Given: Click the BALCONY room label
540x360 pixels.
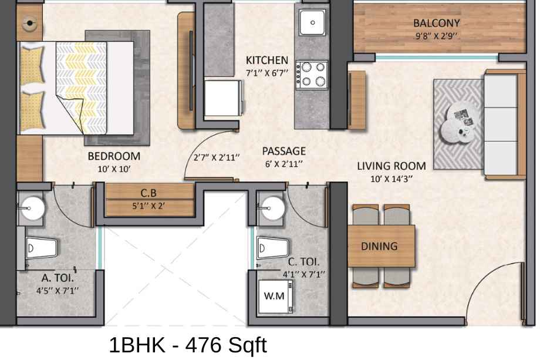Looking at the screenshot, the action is click(436, 23).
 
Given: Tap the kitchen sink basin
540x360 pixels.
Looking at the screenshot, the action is click(312, 22).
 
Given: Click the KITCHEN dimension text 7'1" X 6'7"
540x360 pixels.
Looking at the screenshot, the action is click(267, 73).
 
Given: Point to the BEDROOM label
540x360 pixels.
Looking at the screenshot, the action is click(114, 156).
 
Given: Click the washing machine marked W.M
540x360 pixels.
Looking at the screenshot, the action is click(275, 296).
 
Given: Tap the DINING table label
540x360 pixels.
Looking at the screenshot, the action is click(379, 246).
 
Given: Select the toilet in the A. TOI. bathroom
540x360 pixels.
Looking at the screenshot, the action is click(42, 247).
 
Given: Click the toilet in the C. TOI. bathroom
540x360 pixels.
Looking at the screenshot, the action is click(273, 247).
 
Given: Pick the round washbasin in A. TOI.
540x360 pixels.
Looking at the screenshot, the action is click(33, 208).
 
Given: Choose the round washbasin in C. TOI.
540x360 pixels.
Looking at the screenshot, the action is click(273, 208).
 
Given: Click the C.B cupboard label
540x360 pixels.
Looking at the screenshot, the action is click(148, 193).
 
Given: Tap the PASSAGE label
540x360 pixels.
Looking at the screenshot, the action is click(283, 151).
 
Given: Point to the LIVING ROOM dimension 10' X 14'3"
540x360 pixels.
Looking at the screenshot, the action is click(392, 179).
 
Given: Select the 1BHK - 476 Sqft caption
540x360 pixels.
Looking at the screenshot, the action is click(188, 345).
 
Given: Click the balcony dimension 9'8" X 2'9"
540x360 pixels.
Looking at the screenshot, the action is click(436, 36).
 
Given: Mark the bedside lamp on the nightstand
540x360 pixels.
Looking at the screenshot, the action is click(30, 23).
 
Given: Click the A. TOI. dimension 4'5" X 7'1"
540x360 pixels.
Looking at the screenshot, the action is click(58, 291).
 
